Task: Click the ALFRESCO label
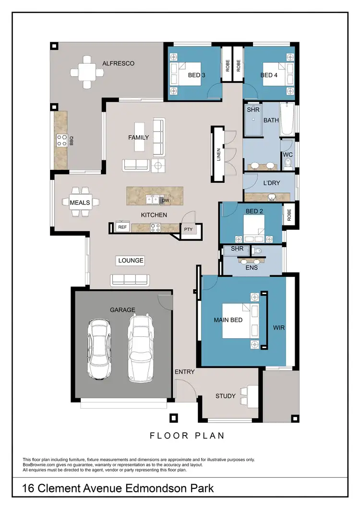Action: click(118, 63)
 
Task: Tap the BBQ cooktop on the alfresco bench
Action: click(62, 140)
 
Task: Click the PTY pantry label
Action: click(188, 229)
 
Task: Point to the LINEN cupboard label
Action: click(218, 154)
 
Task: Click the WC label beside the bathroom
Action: click(288, 155)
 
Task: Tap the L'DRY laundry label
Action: click(272, 183)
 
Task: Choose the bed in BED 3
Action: click(189, 75)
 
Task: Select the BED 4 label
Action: click(269, 75)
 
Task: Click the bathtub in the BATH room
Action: click(288, 119)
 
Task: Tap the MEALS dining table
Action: click(80, 202)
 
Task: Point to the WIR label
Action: click(278, 328)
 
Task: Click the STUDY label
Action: click(226, 396)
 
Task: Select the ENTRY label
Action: click(185, 372)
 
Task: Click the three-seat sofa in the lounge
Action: click(129, 279)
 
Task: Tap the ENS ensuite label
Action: click(252, 268)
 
